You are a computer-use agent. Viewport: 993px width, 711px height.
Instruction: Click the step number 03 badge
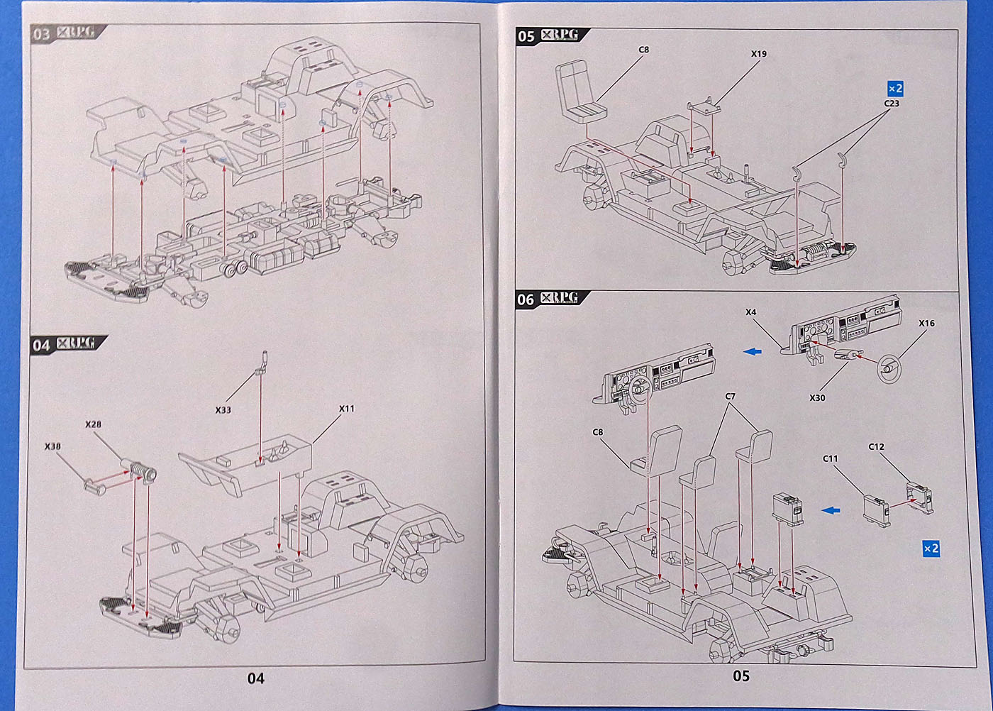coord(42,34)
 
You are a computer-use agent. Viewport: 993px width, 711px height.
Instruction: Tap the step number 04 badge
coord(41,345)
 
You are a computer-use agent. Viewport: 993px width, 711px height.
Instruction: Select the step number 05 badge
coord(526,36)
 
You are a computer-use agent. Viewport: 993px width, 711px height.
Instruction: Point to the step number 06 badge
coord(526,299)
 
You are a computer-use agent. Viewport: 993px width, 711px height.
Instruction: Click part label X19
coord(758,54)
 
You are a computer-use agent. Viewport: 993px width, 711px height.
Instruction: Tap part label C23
coord(892,104)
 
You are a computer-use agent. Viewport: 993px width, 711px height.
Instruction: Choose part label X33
coord(223,410)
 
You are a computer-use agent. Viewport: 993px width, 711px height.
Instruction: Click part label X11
coord(346,409)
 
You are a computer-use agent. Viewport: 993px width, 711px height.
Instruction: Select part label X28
coord(93,424)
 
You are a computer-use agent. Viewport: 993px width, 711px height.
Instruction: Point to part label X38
coord(52,446)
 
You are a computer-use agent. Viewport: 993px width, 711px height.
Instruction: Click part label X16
coord(926,324)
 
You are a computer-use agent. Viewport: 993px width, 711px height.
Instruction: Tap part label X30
coord(817,398)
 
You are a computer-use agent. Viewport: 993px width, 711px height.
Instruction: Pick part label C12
coord(876,447)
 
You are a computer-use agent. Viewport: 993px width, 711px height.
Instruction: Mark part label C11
coord(830,459)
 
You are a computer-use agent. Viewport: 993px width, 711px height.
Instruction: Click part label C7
coord(730,397)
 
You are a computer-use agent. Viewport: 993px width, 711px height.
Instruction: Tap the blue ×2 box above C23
coord(895,89)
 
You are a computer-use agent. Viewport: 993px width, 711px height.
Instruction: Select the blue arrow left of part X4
coord(753,351)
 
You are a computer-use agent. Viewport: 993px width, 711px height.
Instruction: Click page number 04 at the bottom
coord(255,679)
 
